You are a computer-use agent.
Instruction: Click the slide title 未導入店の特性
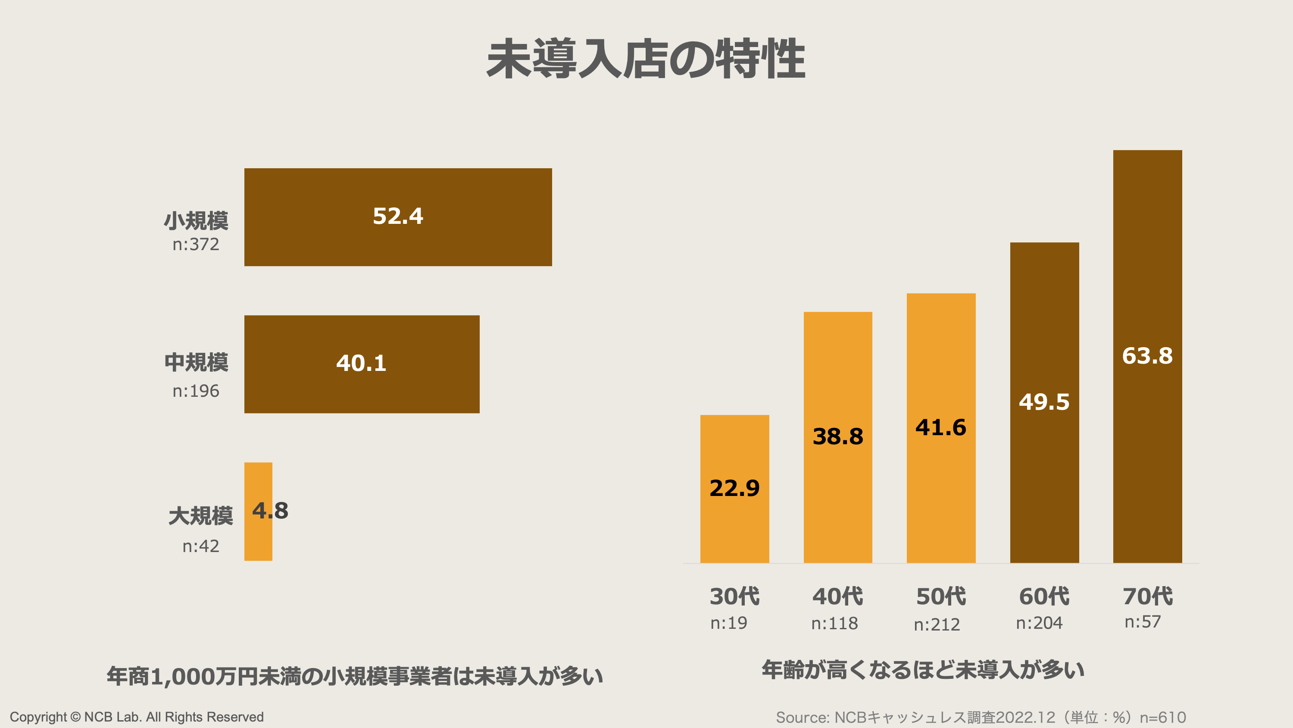pos(646,59)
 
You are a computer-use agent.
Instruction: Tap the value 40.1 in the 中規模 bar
pos(362,363)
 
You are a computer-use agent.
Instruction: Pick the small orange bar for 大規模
pos(258,537)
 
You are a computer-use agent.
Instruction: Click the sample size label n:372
pos(196,244)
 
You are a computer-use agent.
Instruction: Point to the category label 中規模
pos(196,362)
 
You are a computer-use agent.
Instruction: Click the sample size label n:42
pos(201,546)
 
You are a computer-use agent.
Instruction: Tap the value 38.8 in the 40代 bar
pos(838,436)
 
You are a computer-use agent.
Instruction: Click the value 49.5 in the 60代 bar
pos(1044,402)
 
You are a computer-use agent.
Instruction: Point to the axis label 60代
pos(1044,596)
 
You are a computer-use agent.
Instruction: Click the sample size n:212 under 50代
pos(937,624)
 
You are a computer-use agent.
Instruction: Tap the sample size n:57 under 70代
pos(1143,622)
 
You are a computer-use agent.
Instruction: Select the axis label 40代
pos(838,596)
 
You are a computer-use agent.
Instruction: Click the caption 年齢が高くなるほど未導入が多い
pos(923,670)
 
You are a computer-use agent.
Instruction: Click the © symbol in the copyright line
pos(75,717)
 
